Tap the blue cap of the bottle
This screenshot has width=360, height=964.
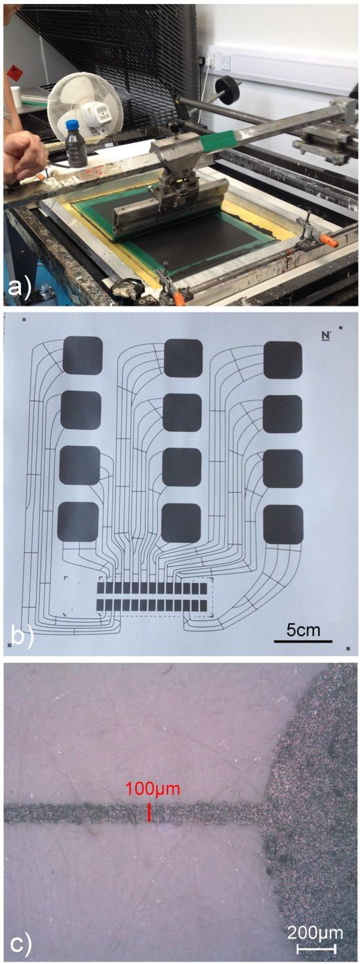click(72, 124)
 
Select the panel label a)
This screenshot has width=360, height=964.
click(20, 285)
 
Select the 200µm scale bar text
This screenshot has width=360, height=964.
click(315, 931)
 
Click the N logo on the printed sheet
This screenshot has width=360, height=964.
click(327, 334)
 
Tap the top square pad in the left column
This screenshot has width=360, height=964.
click(83, 355)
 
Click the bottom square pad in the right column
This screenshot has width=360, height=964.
click(283, 524)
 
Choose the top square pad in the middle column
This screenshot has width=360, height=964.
click(184, 358)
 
